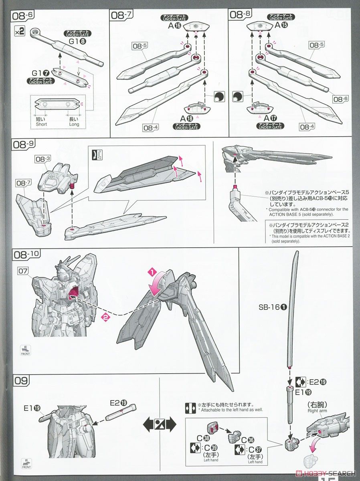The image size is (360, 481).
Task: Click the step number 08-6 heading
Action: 23,16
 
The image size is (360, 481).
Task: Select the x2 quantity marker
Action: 19,32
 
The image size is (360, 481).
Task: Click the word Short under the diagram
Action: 42,124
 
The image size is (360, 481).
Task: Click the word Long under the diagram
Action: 74,124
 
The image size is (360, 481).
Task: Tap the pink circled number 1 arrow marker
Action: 152,272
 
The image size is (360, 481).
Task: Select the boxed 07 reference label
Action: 23,271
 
